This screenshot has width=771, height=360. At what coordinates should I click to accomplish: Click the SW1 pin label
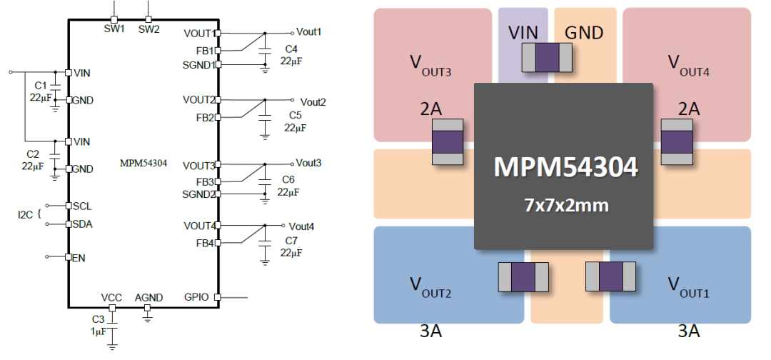[114, 29]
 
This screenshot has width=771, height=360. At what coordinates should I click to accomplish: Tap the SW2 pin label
[149, 29]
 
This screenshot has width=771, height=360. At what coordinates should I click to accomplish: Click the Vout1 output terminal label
[309, 32]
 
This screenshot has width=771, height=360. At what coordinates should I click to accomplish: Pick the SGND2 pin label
[199, 194]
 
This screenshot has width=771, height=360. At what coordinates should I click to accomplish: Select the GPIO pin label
[196, 296]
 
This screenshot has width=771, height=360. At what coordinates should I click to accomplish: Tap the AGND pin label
[148, 296]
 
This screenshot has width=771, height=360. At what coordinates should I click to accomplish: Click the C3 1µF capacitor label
[98, 325]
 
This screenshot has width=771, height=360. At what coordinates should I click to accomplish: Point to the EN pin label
[79, 257]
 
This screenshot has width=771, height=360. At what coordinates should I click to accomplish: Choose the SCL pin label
[82, 206]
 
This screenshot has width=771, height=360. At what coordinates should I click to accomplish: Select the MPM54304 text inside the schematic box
[143, 163]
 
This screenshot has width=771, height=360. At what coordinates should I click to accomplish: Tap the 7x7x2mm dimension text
[564, 205]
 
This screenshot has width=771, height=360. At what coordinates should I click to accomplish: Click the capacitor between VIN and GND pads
[547, 57]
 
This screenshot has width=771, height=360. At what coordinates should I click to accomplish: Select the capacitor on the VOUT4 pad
[677, 141]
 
